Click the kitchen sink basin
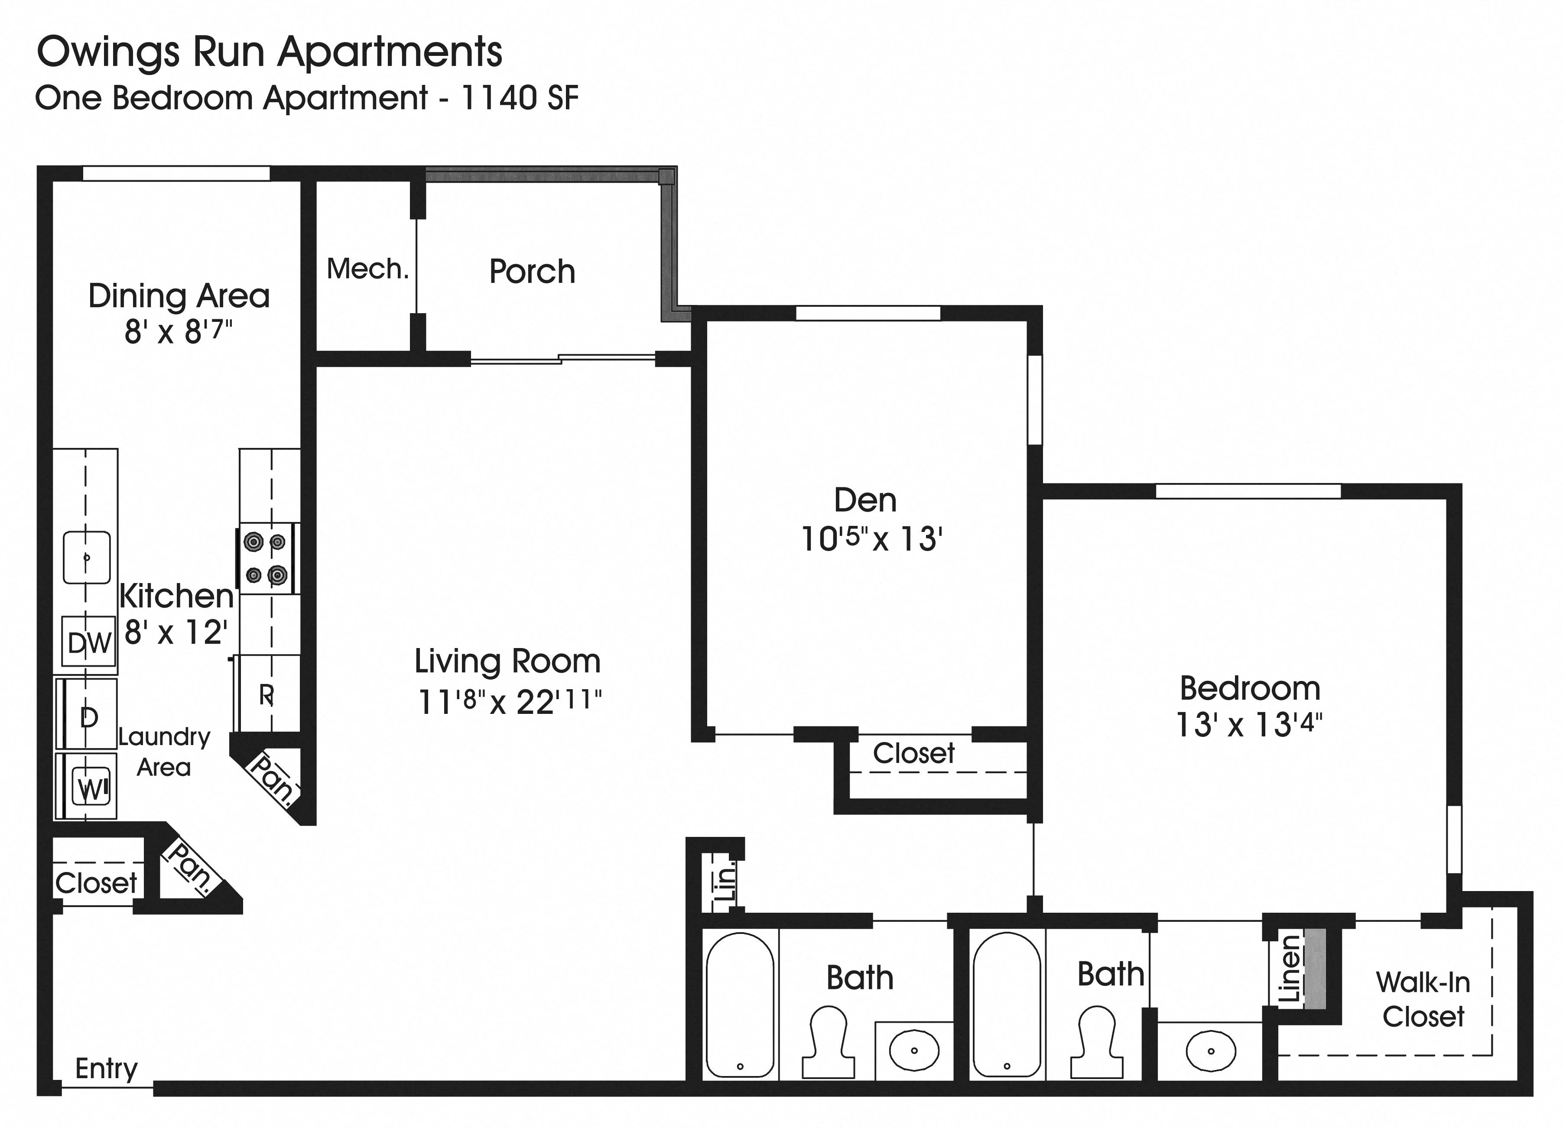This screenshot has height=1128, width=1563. pos(86,557)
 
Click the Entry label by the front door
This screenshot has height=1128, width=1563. pos(106,1068)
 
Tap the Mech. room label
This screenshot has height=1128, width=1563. pos(367,269)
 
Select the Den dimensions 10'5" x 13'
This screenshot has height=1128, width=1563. pos(871,539)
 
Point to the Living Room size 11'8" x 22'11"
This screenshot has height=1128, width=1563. pos(509,702)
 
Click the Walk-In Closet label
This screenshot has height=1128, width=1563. pos(1423,999)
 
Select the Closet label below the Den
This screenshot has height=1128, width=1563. pos(913,754)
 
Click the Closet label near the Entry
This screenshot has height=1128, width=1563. pos(96,883)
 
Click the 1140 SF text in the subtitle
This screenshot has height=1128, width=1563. pos(519,98)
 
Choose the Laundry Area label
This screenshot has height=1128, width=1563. pos(164,752)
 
